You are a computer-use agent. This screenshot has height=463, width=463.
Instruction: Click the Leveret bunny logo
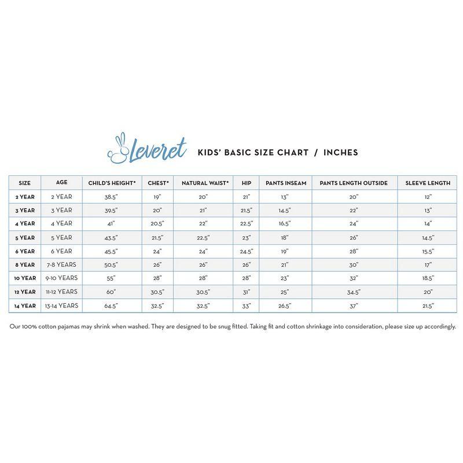pyautogui.click(x=147, y=149)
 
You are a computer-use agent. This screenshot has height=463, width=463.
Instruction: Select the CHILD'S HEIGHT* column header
pyautogui.click(x=112, y=183)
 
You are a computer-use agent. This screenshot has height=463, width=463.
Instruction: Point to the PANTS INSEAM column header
pyautogui.click(x=286, y=183)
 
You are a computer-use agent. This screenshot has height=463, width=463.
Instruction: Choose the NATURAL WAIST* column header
pyautogui.click(x=205, y=183)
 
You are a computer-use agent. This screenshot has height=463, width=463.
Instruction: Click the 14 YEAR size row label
pyautogui.click(x=25, y=306)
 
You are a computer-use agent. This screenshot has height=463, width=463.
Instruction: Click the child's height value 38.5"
pyautogui.click(x=112, y=197)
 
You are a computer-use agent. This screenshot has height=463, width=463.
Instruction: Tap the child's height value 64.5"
pyautogui.click(x=112, y=306)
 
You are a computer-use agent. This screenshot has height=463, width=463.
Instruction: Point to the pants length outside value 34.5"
pyautogui.click(x=354, y=292)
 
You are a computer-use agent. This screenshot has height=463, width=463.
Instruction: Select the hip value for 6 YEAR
pyautogui.click(x=246, y=251)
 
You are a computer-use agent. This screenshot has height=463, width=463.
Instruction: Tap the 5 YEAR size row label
pyautogui.click(x=25, y=238)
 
